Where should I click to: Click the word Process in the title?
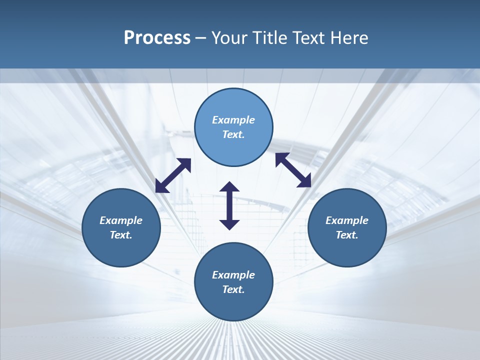pyautogui.click(x=157, y=38)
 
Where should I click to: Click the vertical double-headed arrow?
pyautogui.click(x=229, y=205)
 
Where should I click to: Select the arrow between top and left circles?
pyautogui.click(x=173, y=175)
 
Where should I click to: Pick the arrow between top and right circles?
pyautogui.click(x=293, y=170)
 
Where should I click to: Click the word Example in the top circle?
pyautogui.click(x=233, y=120)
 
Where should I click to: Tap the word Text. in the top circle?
pyautogui.click(x=233, y=134)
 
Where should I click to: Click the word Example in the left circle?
pyautogui.click(x=121, y=220)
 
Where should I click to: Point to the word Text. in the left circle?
pyautogui.click(x=121, y=235)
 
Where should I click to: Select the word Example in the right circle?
pyautogui.click(x=347, y=220)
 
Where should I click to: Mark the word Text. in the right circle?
pyautogui.click(x=347, y=235)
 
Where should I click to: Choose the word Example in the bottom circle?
pyautogui.click(x=233, y=275)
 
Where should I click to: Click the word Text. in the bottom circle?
pyautogui.click(x=233, y=289)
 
